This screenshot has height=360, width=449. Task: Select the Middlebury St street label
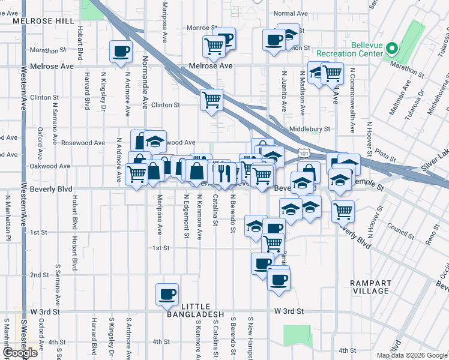[310, 128]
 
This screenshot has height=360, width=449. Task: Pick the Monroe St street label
[202, 28]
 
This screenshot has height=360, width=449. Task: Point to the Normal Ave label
[289, 13]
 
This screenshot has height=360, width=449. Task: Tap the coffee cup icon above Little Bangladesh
[167, 294]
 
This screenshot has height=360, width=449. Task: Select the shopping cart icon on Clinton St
[211, 100]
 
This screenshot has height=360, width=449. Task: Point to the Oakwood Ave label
[51, 166]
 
